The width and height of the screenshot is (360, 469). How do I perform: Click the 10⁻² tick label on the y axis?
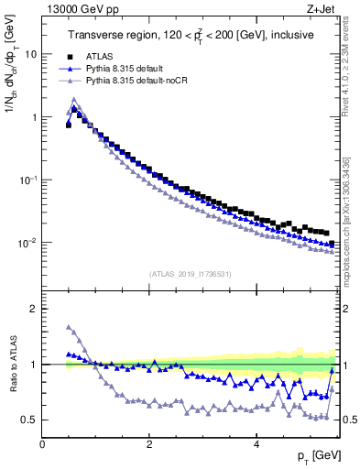29,244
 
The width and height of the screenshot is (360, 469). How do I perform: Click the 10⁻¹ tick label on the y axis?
29,180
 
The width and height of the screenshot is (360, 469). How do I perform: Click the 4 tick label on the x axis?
256,444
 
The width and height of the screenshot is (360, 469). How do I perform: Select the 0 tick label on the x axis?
42,444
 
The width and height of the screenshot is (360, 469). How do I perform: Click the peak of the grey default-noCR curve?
74,100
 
